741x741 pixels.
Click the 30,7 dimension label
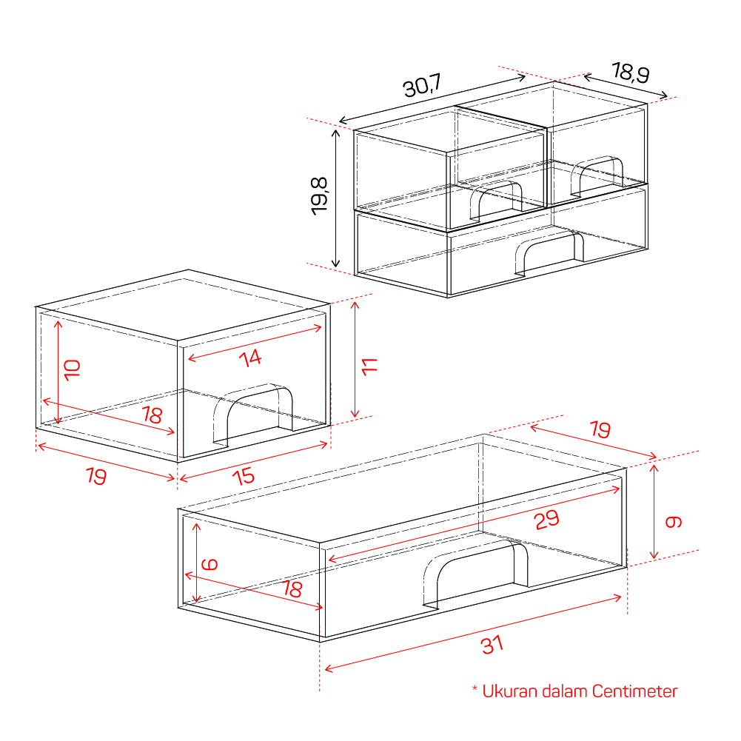pos(423,86)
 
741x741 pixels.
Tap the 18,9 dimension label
pos(631,73)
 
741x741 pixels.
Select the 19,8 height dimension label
pos(320,196)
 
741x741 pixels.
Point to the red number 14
pos(250,358)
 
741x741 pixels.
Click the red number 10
pos(73,370)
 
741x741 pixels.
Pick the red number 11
pos(369,366)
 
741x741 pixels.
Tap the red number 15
pos(244,476)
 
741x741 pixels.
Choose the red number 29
pos(547,520)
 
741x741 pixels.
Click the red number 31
pos(492,645)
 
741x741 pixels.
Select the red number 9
pos(674,522)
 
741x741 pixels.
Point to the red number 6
pos(209,564)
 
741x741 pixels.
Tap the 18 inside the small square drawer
pos(152,415)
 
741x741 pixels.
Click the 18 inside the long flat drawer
pos(292,589)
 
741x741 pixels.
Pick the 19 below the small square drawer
pos(96,475)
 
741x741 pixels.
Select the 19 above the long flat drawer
pos(600,429)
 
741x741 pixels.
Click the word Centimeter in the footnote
pos(634,691)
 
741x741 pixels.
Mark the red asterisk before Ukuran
pos(475,687)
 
